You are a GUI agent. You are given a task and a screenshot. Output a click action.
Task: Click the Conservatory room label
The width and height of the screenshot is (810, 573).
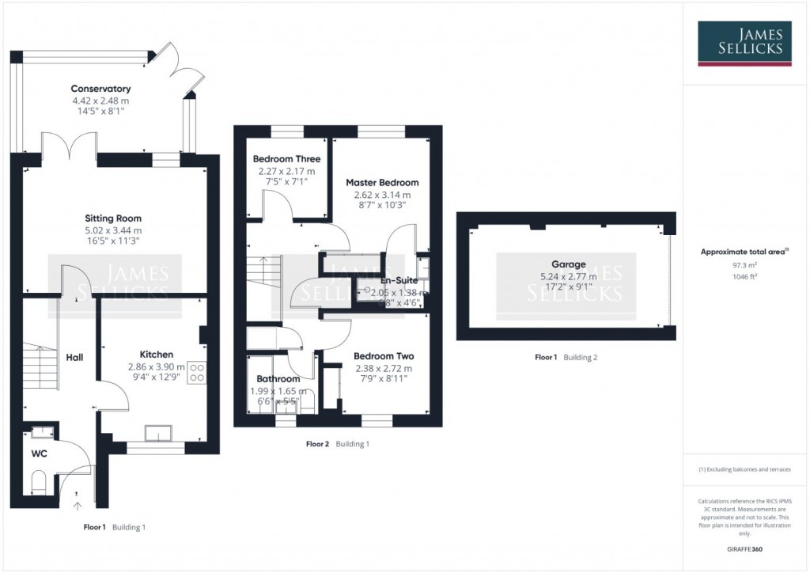coord(100,89)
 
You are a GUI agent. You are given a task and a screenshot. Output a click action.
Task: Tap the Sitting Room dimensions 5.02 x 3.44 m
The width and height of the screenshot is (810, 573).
coord(113,230)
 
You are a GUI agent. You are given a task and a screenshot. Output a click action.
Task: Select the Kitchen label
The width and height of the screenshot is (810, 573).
coord(156,355)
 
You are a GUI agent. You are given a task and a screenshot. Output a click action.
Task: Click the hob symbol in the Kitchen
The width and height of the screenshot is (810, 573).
coord(197,372)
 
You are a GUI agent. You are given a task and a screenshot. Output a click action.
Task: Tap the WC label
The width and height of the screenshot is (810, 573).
coord(40,455)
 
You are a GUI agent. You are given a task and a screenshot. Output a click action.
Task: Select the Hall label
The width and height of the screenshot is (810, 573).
coord(74,358)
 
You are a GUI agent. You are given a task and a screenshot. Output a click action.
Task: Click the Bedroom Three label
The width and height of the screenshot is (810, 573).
coord(286,159)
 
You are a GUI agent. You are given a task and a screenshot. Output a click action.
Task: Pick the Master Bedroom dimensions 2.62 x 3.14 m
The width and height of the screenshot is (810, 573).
coord(382,195)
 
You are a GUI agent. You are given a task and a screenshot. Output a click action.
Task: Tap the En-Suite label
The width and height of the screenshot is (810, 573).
coord(399,280)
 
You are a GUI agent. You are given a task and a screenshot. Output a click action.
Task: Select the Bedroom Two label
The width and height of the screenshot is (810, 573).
coord(384,356)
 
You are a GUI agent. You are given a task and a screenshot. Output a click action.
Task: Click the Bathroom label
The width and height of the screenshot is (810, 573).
coord(278,379)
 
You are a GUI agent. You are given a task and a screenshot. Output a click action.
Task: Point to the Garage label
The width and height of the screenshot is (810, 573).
coord(569,265)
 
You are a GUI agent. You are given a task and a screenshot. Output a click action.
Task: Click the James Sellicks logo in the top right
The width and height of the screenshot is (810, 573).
coord(743,42)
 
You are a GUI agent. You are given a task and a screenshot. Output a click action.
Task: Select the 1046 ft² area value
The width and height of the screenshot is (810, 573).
coord(743,277)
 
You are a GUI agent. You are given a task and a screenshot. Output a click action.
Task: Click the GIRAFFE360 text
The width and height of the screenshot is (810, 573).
coord(743,548)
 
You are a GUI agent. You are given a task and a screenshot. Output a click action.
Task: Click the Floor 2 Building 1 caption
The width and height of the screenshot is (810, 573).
coord(338,444)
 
